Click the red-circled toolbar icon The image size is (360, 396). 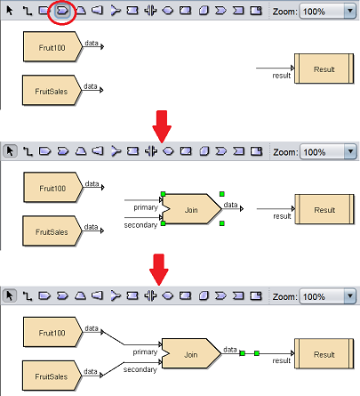coord(62,11)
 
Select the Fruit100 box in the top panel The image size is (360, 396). coord(52,47)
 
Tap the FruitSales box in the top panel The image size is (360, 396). coord(52,91)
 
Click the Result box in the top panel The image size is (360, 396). coord(324,69)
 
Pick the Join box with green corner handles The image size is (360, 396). coord(191,209)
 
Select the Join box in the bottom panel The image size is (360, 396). coord(191,354)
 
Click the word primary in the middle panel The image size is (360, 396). coord(146,207)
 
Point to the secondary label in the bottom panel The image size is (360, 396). coord(140,369)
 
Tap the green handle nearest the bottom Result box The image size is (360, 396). coord(257,353)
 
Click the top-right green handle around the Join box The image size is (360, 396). coord(222,194)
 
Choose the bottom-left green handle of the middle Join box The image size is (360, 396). coord(163,223)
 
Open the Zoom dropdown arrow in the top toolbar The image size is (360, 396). coord(350,12)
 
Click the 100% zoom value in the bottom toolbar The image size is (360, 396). coord(314,297)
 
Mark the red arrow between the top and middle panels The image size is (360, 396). coord(162,126)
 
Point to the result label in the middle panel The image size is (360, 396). coord(282,216)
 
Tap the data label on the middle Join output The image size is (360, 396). coord(230,205)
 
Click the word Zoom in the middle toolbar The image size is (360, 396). coord(285,152)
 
